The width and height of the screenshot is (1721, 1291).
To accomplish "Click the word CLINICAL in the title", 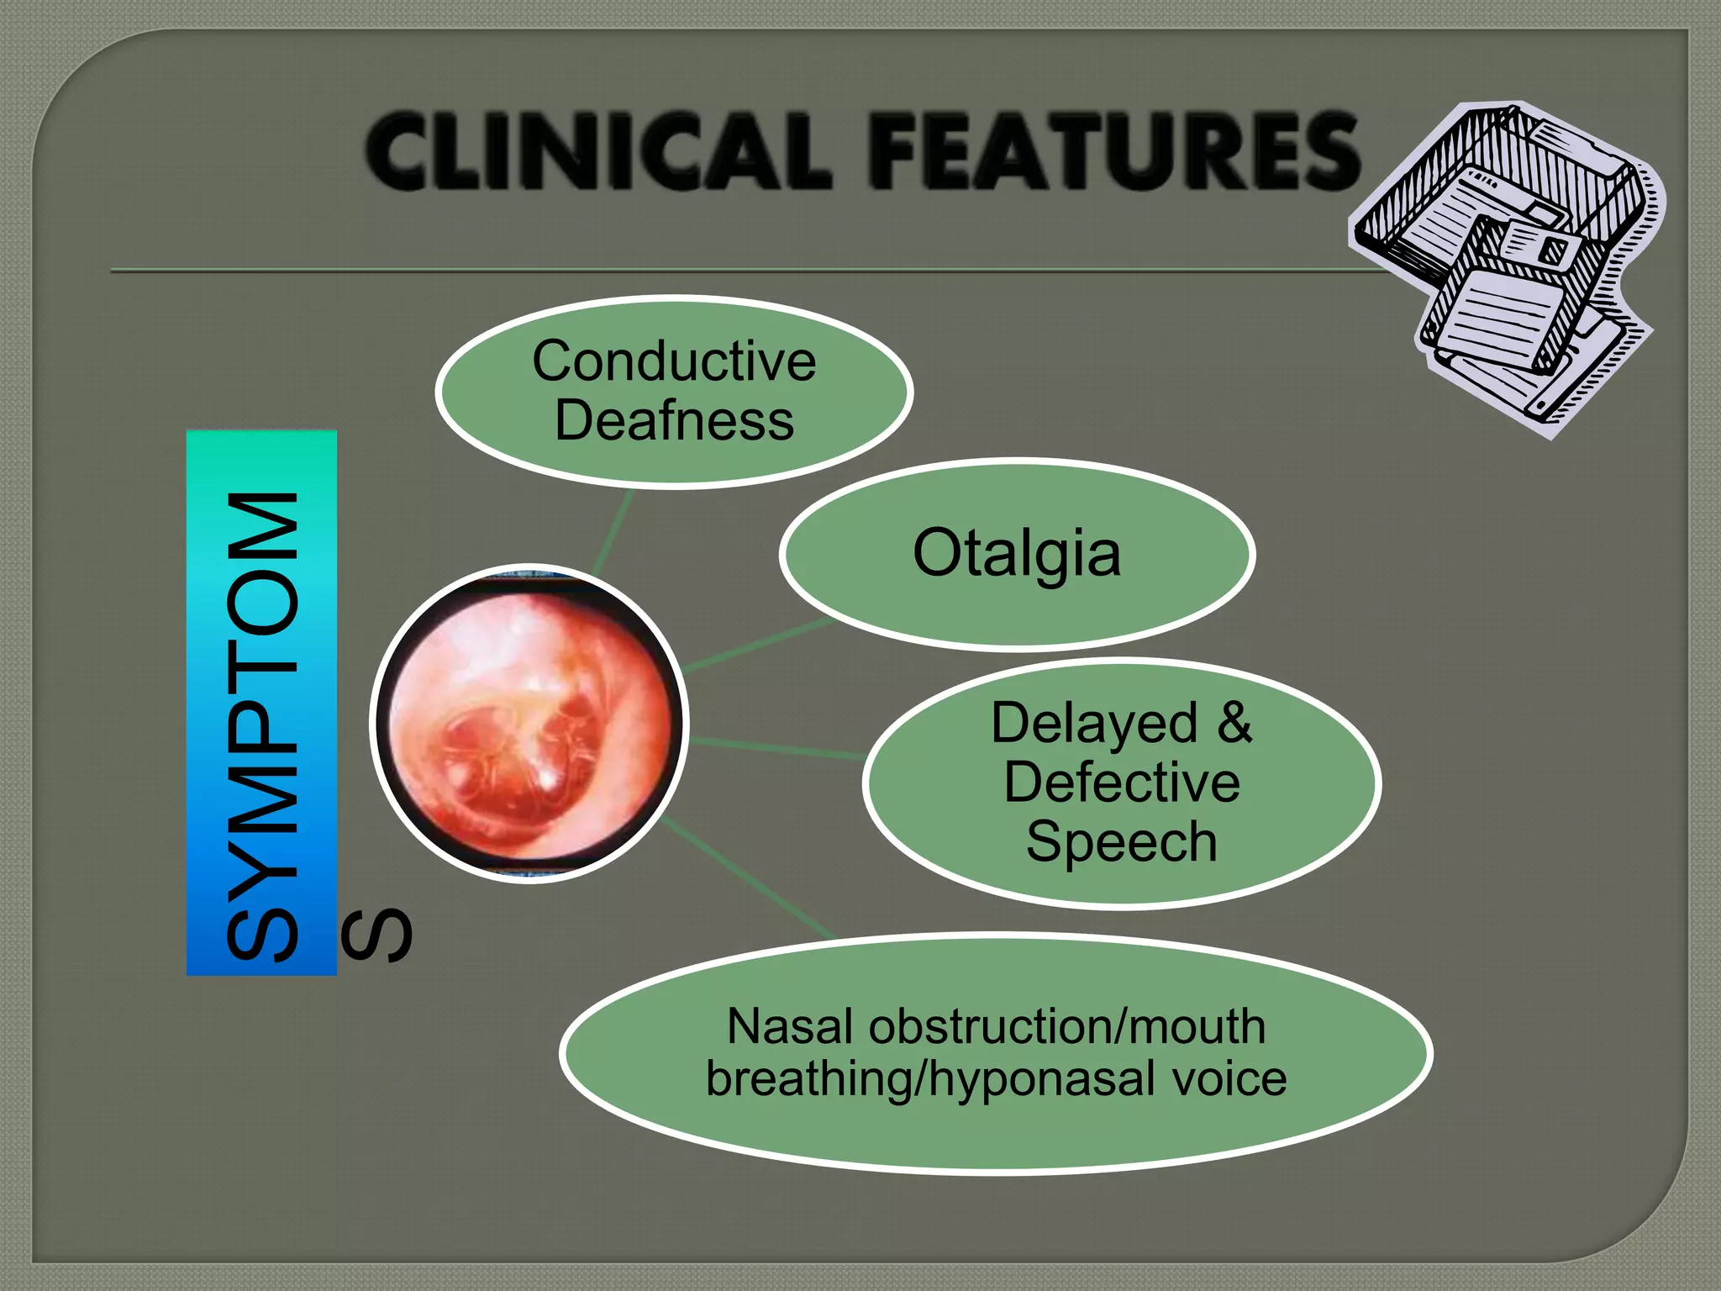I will point(598,151).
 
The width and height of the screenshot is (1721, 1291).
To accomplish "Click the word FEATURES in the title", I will point(1113,151).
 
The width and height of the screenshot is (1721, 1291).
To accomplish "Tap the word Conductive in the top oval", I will point(674,361).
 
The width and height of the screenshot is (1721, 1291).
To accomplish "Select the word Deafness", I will point(674,420).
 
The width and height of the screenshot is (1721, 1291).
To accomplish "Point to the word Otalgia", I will point(1017,554).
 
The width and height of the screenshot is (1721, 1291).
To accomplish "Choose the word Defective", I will point(1122,782).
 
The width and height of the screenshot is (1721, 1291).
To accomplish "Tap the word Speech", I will point(1122,841).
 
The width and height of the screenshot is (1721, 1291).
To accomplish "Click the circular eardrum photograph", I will point(529,723).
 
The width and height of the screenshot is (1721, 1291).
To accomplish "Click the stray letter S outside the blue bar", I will point(377,934).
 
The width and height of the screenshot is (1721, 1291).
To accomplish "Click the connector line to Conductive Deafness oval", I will point(613,532).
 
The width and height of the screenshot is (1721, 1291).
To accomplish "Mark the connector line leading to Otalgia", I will point(756,645).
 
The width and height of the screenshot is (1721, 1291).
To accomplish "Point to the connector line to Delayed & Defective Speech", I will point(777,747).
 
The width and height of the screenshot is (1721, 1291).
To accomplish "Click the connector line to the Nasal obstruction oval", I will point(748,878).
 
